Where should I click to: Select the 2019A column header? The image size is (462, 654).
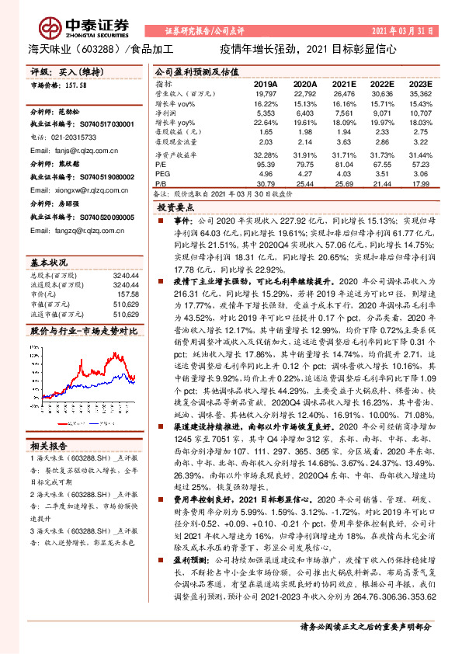[x=266, y=83]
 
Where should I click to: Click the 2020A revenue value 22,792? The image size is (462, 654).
[x=304, y=93]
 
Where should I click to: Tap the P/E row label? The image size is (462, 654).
[x=161, y=165]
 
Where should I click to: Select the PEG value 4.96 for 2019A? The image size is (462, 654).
[x=266, y=175]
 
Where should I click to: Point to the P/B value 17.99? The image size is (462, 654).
[x=420, y=184]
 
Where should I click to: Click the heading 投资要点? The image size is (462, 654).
[x=175, y=208]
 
